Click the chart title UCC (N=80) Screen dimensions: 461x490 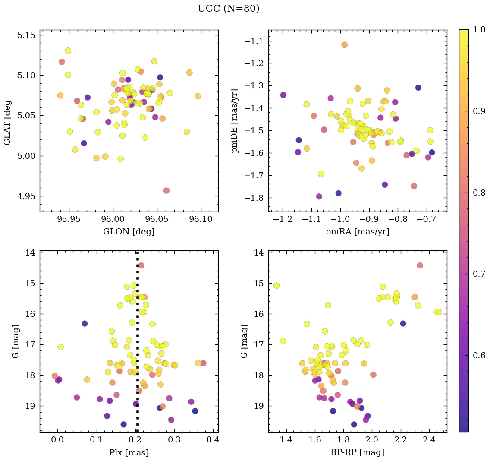coord(228,9)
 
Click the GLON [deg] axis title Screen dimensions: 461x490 coord(129,231)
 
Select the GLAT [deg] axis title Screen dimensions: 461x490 coord(7,121)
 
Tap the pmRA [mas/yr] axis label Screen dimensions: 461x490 coord(357,231)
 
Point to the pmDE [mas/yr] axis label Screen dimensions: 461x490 coord(235,121)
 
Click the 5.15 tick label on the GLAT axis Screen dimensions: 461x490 coord(26,35)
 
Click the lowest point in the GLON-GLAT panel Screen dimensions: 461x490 coord(166,190)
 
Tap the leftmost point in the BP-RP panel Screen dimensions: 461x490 coord(276,285)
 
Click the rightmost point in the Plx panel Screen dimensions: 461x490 coord(203,363)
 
